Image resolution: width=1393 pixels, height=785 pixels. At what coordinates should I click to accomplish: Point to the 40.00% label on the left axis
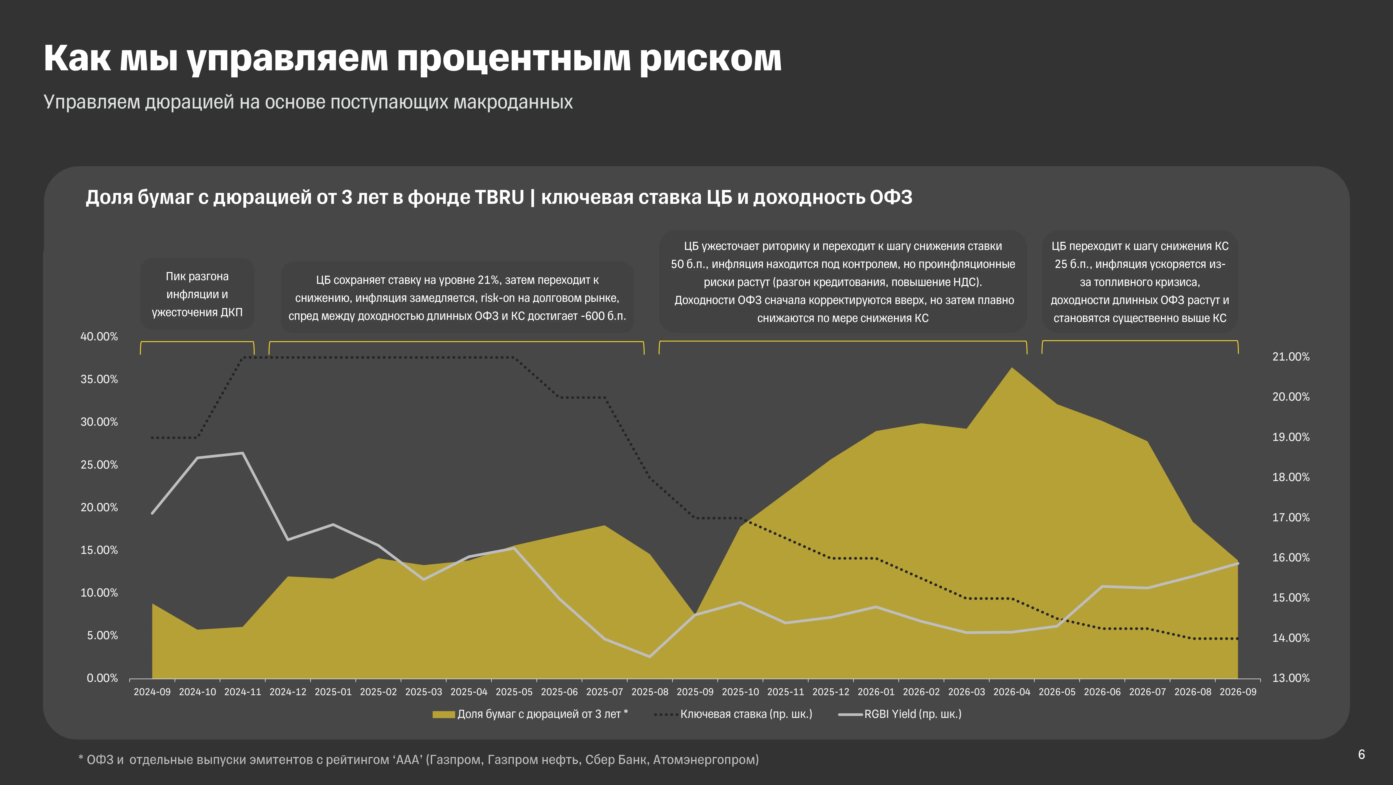pyautogui.click(x=99, y=336)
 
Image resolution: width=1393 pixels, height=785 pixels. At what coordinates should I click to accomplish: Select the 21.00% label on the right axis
pyautogui.click(x=1291, y=357)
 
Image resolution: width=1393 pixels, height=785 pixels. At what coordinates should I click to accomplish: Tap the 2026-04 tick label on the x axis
pyautogui.click(x=1012, y=692)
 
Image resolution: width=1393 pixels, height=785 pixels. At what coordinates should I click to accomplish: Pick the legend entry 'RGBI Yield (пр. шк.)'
pyautogui.click(x=900, y=714)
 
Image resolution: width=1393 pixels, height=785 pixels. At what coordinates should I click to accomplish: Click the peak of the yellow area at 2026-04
pyautogui.click(x=1012, y=368)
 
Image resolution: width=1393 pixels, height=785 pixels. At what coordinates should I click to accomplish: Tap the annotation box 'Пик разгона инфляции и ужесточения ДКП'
pyautogui.click(x=197, y=294)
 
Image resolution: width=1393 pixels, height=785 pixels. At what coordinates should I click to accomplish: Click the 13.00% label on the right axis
pyautogui.click(x=1291, y=678)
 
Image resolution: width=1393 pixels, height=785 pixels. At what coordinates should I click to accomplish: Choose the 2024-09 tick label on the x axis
pyautogui.click(x=152, y=692)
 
